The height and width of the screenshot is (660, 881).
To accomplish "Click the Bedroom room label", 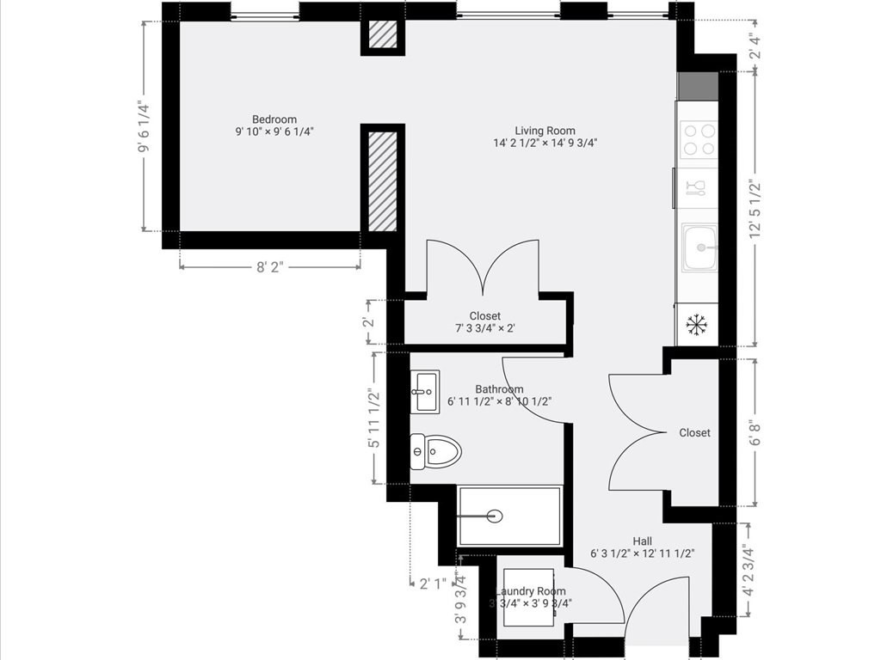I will [274, 119].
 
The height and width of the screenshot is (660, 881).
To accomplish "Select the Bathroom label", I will [499, 389].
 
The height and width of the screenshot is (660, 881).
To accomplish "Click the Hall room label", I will [642, 541].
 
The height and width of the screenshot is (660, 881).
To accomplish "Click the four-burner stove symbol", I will [698, 139].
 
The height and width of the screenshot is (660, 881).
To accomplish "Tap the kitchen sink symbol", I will [699, 247].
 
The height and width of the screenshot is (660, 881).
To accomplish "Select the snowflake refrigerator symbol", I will [695, 325].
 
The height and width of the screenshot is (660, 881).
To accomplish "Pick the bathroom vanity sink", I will [423, 392].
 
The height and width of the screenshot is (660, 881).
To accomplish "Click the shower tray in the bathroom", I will [509, 516].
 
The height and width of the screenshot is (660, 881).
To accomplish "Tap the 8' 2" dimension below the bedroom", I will [270, 267].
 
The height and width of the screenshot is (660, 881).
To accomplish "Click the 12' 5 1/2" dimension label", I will [755, 209].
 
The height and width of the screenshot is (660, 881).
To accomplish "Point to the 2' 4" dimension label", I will [755, 45].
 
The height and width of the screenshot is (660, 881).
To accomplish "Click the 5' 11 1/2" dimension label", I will [373, 419].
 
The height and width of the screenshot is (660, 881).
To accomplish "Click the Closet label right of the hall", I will [694, 433].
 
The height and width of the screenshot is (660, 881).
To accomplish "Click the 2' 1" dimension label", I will [434, 584].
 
